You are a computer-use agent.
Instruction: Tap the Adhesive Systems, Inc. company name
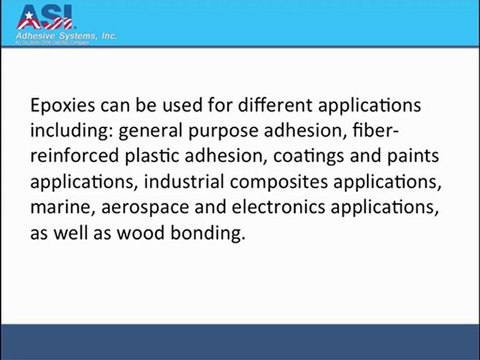tap(67, 35)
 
